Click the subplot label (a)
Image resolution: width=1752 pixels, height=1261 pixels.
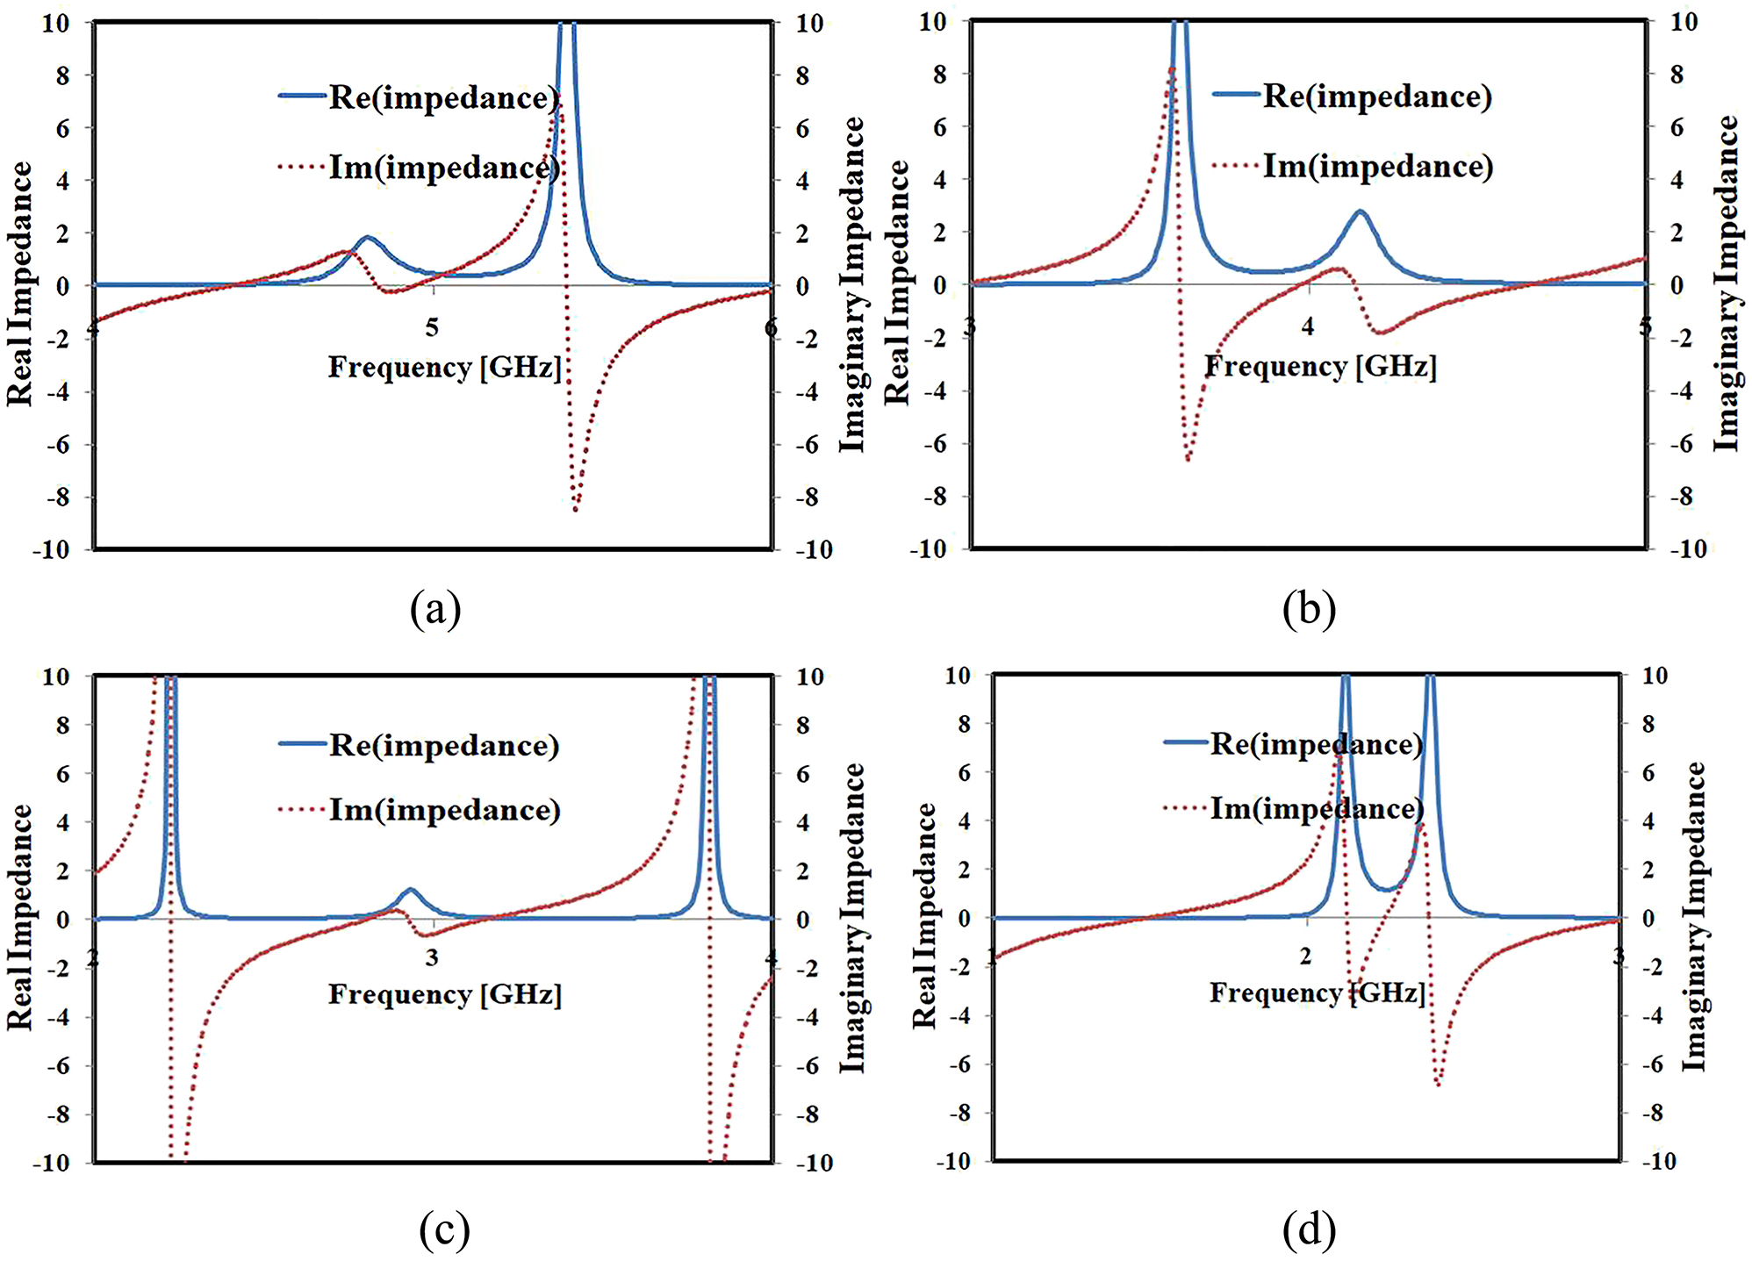click(x=435, y=609)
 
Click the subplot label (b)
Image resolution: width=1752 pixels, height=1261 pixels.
click(x=1309, y=609)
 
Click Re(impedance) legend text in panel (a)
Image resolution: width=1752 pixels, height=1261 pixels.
click(x=444, y=98)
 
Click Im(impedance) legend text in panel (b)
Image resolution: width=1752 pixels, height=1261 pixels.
click(x=1378, y=166)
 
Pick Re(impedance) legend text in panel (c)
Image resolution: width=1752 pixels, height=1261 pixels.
click(x=444, y=746)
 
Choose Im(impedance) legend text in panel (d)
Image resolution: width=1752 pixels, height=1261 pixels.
click(x=1317, y=808)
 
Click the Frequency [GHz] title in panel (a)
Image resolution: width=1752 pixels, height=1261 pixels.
click(x=444, y=367)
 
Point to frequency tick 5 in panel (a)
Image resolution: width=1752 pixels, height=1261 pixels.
click(x=432, y=328)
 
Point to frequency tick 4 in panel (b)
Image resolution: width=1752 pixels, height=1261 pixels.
click(x=1308, y=327)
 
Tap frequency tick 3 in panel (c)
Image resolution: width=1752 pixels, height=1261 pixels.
click(x=432, y=957)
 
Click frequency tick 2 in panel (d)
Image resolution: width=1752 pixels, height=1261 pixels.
click(x=1306, y=956)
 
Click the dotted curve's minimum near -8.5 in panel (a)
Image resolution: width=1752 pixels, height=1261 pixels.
click(x=576, y=509)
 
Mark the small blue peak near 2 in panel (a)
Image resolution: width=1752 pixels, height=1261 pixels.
click(x=367, y=238)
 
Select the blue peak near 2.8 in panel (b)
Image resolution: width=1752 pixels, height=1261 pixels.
click(x=1360, y=211)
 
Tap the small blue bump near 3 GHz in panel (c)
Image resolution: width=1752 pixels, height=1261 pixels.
click(x=409, y=890)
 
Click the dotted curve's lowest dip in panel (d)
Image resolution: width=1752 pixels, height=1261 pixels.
click(x=1438, y=1084)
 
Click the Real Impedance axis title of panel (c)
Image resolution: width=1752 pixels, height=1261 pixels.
click(x=19, y=917)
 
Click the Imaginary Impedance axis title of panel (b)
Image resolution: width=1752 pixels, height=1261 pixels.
click(x=1727, y=283)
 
